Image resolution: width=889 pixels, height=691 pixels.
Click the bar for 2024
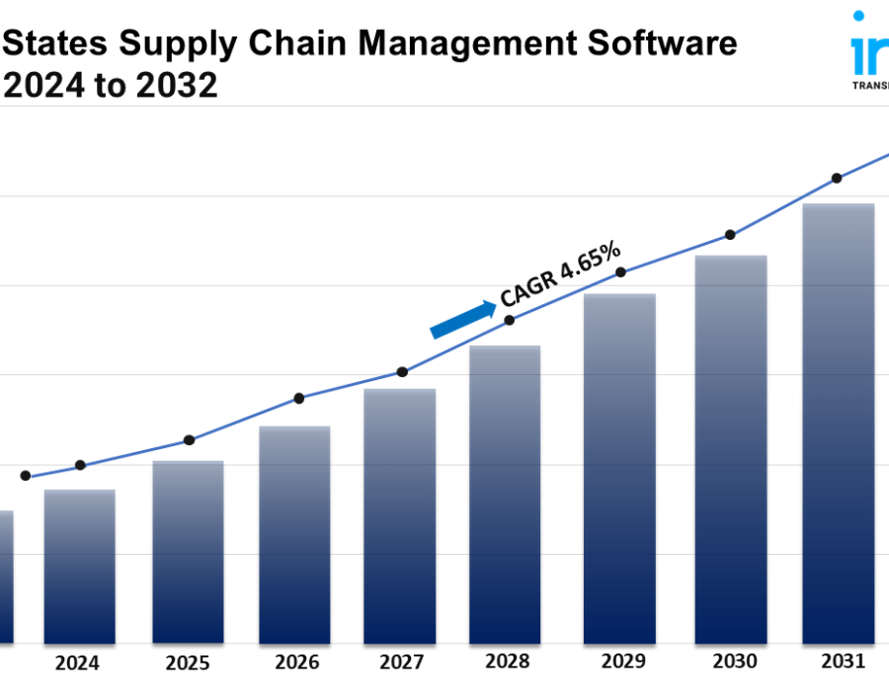click(79, 567)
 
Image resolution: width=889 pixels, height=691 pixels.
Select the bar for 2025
click(188, 552)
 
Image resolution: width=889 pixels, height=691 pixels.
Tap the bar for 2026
click(293, 534)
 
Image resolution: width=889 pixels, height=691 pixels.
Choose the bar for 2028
click(505, 494)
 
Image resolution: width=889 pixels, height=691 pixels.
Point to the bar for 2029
click(619, 468)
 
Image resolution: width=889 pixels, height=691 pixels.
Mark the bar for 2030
click(731, 449)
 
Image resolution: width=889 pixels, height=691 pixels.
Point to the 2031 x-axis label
click(842, 661)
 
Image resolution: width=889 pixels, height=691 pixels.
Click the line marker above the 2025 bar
click(190, 440)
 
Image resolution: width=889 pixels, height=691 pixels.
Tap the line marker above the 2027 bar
click(402, 372)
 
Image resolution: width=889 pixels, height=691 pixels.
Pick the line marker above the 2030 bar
click(730, 235)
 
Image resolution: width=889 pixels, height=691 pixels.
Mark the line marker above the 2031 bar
click(837, 179)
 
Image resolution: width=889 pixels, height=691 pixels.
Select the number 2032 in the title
click(178, 87)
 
